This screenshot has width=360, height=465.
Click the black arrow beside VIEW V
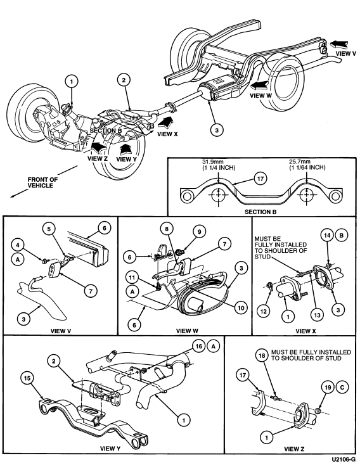click(338, 45)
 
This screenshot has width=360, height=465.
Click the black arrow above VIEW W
click(260, 86)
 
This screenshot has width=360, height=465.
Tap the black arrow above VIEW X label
click(166, 122)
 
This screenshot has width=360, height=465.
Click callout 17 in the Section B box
click(260, 179)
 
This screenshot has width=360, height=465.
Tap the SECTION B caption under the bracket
click(260, 212)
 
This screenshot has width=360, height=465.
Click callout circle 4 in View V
click(18, 245)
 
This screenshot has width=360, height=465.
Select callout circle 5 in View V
click(49, 229)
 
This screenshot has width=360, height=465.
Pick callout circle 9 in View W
click(200, 231)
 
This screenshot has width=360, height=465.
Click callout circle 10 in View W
click(241, 308)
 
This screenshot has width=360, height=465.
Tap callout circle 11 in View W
click(132, 277)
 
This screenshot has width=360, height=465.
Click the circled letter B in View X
click(341, 235)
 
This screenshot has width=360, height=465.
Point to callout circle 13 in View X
click(317, 314)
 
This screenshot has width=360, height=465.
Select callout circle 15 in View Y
click(27, 378)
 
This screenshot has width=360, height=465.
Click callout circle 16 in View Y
click(199, 346)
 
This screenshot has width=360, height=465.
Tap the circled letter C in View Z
click(342, 387)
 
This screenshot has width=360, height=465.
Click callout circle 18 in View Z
click(262, 355)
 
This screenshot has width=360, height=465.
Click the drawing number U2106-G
click(344, 459)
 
